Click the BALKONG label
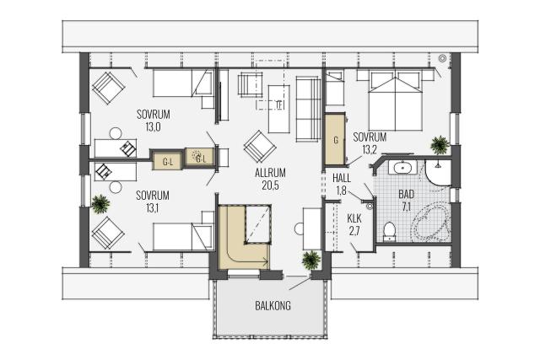tap(273, 306)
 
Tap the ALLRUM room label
tap(270, 173)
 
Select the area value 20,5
tap(270, 185)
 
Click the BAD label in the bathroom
tap(407, 194)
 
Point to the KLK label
tap(354, 218)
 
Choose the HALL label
tap(342, 178)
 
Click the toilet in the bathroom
tap(390, 231)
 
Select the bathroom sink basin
tap(402, 169)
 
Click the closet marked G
tap(335, 139)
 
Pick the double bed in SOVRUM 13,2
tap(396, 100)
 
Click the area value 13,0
tap(154, 127)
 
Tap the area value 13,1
tap(152, 208)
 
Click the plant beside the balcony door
tap(311, 260)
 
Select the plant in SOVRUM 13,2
tap(440, 145)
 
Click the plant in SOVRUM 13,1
tap(100, 204)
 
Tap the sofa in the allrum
tap(308, 109)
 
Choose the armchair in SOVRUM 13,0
tap(108, 88)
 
